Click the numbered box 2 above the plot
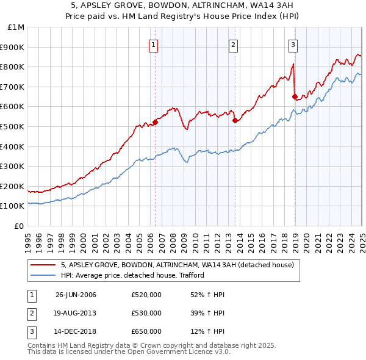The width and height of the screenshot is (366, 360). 233,44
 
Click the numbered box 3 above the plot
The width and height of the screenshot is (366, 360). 293,44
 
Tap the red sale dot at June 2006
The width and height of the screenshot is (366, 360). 155,122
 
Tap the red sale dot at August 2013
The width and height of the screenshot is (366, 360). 235,120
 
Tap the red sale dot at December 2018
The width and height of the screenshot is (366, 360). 295,96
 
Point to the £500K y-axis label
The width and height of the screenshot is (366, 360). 12,126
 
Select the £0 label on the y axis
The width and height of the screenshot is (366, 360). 18,226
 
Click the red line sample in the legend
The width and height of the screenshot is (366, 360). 43,265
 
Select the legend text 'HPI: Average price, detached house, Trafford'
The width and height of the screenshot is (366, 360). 132,275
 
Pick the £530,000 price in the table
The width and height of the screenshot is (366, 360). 146,313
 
